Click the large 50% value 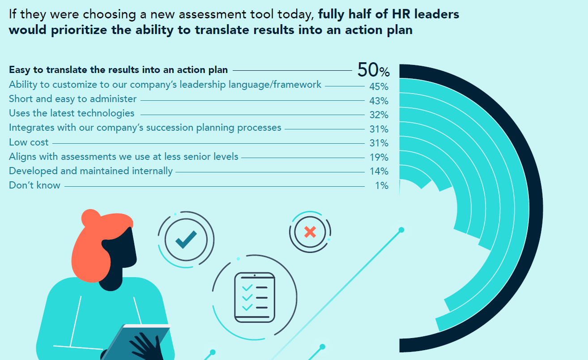click(x=373, y=70)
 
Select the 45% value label click(x=379, y=86)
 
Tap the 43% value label click(x=379, y=101)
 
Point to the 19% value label click(x=379, y=157)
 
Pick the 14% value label click(x=379, y=171)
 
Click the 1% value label click(x=381, y=185)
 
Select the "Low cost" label click(x=29, y=142)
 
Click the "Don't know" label click(x=34, y=185)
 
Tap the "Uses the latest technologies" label click(x=72, y=113)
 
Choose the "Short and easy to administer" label click(x=72, y=99)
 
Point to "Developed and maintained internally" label click(x=90, y=171)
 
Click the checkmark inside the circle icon click(x=186, y=239)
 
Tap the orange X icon click(x=309, y=232)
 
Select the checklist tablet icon click(x=255, y=297)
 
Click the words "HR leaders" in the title click(x=430, y=14)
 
